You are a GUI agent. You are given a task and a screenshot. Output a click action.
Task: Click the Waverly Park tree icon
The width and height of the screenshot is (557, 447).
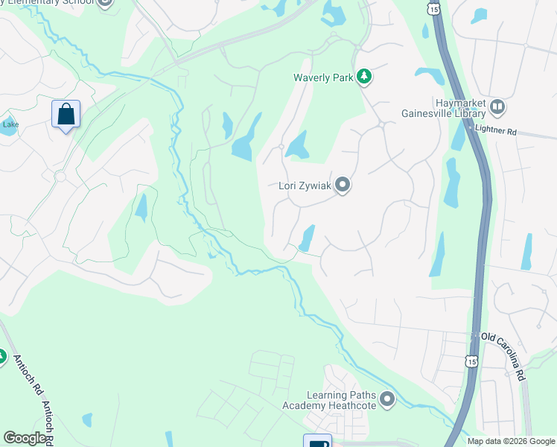363,77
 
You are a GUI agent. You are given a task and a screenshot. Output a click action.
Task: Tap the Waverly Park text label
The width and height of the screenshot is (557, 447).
322,77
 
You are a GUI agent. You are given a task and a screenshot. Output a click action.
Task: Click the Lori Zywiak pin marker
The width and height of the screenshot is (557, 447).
343,184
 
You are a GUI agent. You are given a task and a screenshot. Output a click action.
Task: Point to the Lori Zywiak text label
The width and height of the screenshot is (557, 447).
304,185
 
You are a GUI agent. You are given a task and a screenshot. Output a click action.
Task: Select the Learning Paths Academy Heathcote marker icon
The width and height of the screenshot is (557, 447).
386,400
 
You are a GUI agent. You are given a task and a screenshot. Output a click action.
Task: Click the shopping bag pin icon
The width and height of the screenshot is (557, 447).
66,115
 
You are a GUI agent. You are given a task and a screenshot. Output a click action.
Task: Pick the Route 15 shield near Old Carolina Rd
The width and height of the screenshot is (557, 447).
471,361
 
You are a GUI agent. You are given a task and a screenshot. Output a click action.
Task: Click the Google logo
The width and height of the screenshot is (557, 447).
25,438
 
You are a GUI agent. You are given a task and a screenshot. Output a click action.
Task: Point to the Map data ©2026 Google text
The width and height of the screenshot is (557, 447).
510,441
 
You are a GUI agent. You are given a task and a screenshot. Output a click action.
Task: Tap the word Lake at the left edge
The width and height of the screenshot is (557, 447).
10,124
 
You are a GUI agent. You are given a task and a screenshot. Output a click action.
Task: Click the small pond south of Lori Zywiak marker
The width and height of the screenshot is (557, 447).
306,238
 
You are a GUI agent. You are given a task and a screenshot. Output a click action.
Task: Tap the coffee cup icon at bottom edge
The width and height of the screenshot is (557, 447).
316,441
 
